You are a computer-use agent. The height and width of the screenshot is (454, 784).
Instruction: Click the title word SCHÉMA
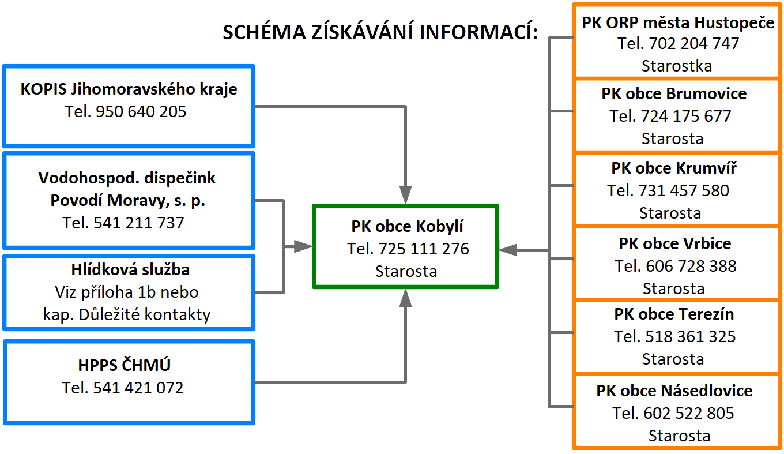pyautogui.click(x=264, y=32)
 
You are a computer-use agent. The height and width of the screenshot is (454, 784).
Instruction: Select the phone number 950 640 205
pyautogui.click(x=141, y=112)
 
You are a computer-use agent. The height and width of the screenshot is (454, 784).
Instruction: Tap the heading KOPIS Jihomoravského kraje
pyautogui.click(x=129, y=89)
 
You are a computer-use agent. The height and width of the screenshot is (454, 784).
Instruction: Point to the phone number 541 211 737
pyautogui.click(x=138, y=223)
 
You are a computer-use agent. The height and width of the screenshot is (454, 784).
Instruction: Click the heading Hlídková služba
pyautogui.click(x=130, y=270)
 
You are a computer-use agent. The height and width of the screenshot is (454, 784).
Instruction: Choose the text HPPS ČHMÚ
pyautogui.click(x=125, y=365)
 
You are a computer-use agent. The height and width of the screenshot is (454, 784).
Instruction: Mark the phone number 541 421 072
pyautogui.click(x=138, y=388)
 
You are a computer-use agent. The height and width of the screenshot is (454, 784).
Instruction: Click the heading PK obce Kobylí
pyautogui.click(x=407, y=227)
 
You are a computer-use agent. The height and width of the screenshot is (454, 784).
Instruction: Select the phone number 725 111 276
pyautogui.click(x=424, y=249)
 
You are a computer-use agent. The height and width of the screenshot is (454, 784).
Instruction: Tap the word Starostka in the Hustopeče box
pyautogui.click(x=677, y=66)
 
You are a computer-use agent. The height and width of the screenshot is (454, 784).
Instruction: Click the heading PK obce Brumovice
pyautogui.click(x=674, y=94)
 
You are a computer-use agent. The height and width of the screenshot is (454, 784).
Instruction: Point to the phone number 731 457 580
pyautogui.click(x=684, y=190)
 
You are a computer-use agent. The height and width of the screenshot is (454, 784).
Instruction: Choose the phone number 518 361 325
pyautogui.click(x=690, y=336)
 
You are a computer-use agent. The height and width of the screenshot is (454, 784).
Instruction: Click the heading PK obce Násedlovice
pyautogui.click(x=674, y=391)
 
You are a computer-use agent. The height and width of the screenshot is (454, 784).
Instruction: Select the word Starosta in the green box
pyautogui.click(x=406, y=272)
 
